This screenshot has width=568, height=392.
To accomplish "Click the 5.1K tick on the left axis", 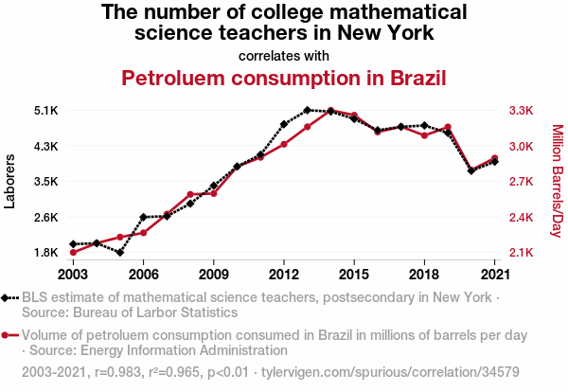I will pos(45,111).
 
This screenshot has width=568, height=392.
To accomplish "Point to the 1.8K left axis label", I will pos(45,253).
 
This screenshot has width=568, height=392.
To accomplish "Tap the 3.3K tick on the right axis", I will pos(523,111).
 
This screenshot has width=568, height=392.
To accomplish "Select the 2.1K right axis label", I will pos(523,253).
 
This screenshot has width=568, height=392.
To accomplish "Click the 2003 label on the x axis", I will pos(73,274).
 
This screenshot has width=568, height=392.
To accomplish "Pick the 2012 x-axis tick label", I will pos(284,274).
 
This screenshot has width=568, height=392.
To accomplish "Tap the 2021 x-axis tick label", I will pos(495,274).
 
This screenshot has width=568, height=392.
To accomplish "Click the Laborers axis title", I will pos(10,181).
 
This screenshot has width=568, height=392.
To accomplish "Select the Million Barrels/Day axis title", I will pos(557,181).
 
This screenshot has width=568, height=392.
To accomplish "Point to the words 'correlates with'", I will pos(284,54).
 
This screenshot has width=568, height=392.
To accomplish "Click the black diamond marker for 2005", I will pos(120,253).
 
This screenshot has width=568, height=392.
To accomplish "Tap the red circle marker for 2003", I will pos(73,252).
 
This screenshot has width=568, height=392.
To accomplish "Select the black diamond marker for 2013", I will pos(308,111).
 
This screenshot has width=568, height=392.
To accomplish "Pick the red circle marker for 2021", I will pos(495,158).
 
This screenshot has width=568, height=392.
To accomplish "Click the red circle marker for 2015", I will pos(354,116).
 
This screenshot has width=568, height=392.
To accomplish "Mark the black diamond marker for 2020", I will pos(471,171).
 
